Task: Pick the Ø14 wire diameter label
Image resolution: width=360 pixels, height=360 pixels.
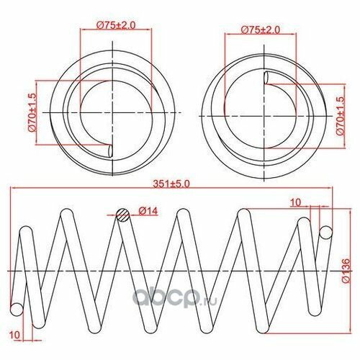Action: (148, 211)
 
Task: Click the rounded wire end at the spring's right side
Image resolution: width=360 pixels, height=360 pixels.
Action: (325, 232)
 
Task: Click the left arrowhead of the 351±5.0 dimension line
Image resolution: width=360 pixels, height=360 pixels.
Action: (13, 190)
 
